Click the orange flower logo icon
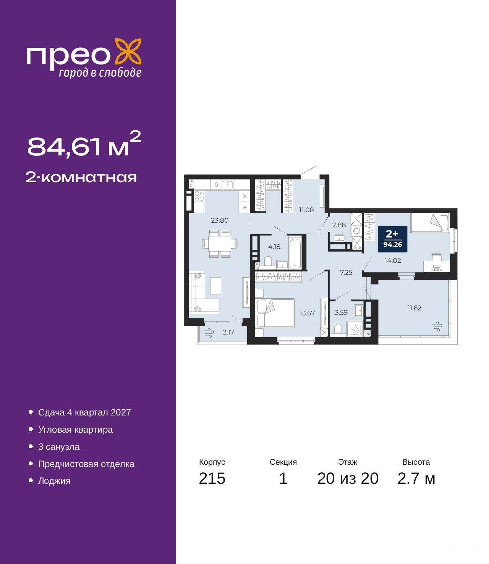click(128, 52)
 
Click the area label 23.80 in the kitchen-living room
click(220, 220)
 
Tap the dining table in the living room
click(220, 243)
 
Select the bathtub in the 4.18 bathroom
click(295, 253)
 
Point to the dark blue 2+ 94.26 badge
click(393, 239)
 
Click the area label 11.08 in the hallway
click(306, 210)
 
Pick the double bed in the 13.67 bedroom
click(275, 313)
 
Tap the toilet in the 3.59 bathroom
click(338, 328)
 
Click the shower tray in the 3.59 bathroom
click(355, 328)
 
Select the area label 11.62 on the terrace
click(415, 308)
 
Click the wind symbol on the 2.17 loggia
click(209, 333)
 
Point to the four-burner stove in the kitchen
click(199, 196)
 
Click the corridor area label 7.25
click(346, 272)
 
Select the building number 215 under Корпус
click(212, 478)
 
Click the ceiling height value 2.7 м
click(416, 478)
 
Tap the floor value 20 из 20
click(348, 478)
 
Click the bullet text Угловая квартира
click(75, 430)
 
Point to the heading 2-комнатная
click(81, 177)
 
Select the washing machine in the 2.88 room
click(356, 231)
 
